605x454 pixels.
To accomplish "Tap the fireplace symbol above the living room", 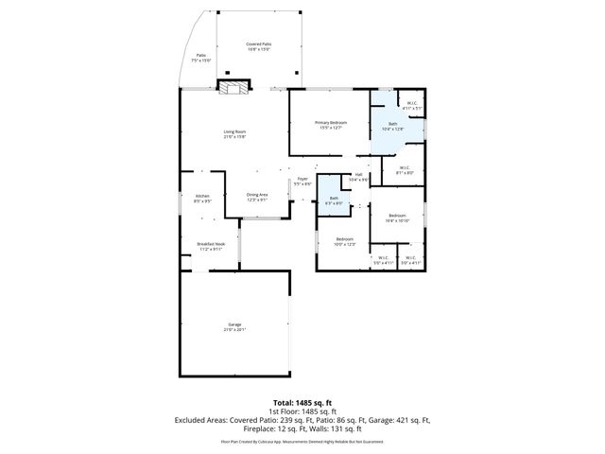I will click(234, 88).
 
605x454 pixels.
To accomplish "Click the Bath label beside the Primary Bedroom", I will click(392, 124).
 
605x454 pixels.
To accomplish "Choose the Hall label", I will click(359, 174).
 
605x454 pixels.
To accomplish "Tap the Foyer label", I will click(302, 179).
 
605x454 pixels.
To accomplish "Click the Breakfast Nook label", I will click(210, 245).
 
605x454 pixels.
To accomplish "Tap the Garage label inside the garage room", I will click(234, 325).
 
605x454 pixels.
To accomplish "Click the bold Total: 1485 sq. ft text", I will click(302, 402).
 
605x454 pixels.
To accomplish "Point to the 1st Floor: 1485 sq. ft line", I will click(302, 411).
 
